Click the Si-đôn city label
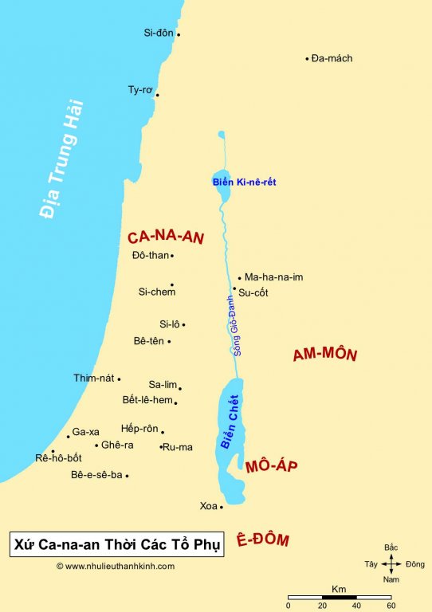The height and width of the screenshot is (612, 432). tap(159, 33)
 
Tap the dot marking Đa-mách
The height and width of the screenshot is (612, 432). tap(307, 58)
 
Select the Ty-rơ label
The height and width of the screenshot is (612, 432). tap(139, 90)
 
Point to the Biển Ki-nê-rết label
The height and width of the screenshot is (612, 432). tap(244, 182)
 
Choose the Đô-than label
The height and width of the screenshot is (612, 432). tap(150, 256)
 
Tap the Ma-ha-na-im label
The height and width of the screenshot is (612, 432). tap(273, 277)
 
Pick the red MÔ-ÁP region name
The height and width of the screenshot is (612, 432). tap(271, 466)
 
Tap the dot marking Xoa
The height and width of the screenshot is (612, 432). tap(221, 506)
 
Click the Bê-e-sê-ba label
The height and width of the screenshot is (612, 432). tap(96, 475)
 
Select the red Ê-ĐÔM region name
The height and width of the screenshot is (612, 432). tap(262, 540)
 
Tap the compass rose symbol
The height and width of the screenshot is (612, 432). tap(391, 564)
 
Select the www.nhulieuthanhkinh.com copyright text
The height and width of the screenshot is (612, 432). tap(115, 566)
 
